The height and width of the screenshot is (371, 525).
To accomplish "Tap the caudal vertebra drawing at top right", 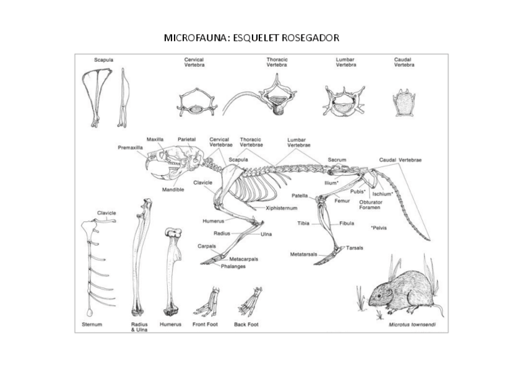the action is click(404, 103).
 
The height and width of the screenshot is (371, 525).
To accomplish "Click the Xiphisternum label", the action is click(282, 209).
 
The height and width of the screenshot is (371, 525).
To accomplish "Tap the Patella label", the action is click(300, 196).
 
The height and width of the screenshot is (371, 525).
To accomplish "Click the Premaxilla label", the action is click(130, 147).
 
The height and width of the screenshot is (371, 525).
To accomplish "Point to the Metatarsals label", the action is click(303, 255).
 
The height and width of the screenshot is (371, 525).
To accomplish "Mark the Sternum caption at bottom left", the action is click(92, 325).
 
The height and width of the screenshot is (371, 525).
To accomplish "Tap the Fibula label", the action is click(347, 223).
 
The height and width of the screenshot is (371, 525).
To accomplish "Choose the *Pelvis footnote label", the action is click(379, 228).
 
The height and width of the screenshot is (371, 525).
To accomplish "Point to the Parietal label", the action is click(187, 139).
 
